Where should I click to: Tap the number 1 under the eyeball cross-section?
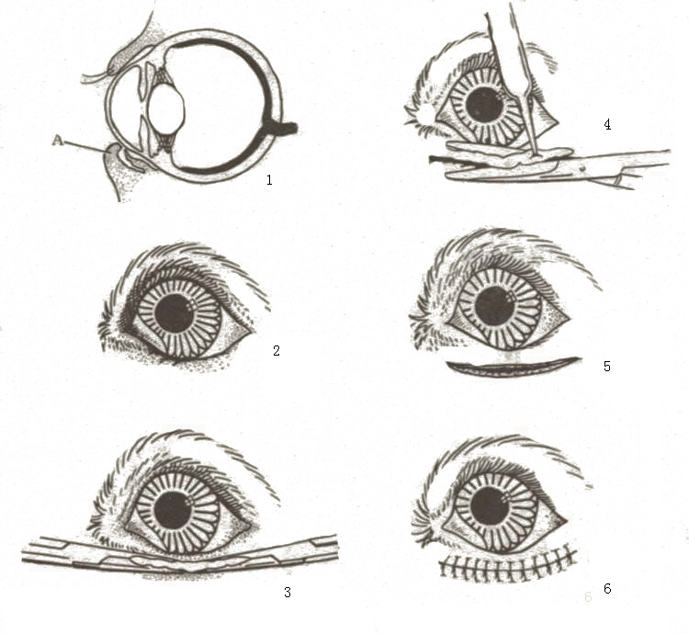click(269, 179)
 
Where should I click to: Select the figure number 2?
click(277, 351)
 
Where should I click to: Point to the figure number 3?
click(288, 593)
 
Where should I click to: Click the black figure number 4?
click(607, 124)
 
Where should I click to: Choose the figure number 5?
click(607, 366)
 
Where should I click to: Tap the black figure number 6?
click(607, 588)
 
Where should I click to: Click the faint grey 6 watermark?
click(588, 596)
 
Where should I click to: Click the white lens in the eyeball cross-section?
click(166, 110)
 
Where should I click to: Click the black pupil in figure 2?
click(174, 313)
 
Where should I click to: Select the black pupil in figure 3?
click(174, 512)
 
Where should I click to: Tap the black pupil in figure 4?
click(484, 106)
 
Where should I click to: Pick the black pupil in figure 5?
click(495, 306)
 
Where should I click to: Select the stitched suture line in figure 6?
click(507, 563)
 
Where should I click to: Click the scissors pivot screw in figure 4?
click(582, 167)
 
